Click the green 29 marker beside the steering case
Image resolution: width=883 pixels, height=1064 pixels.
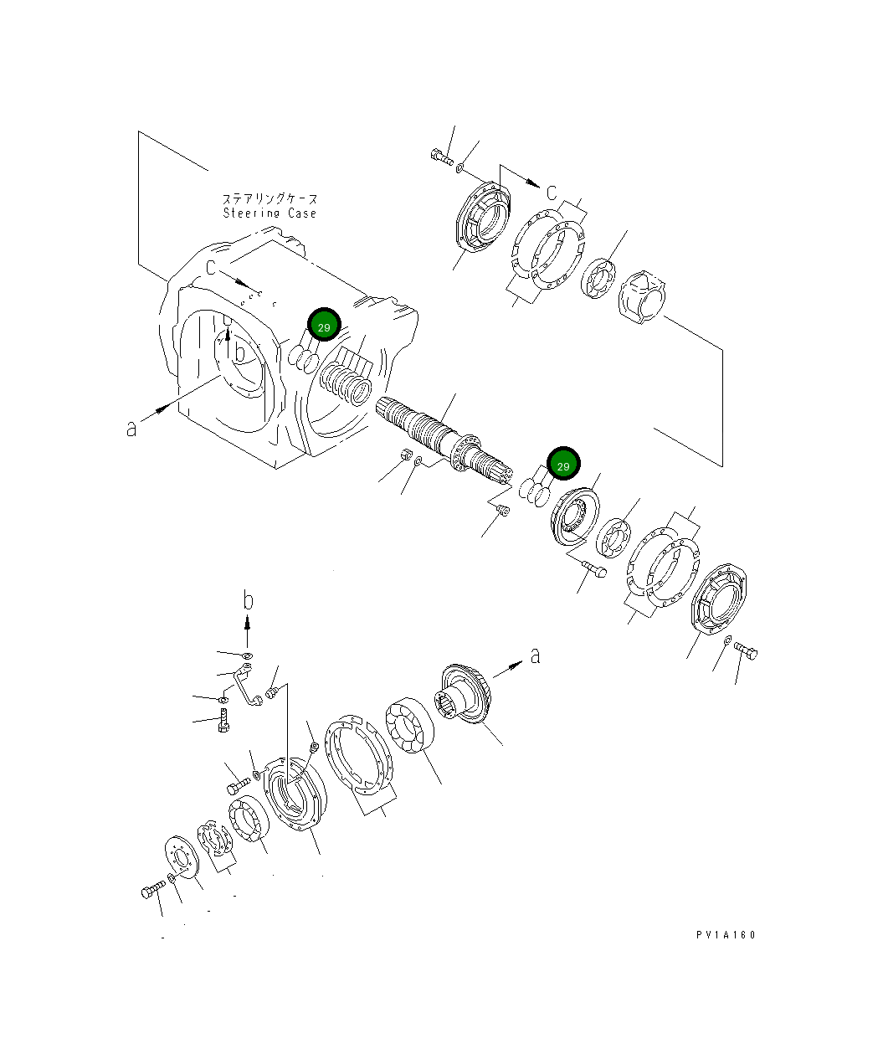coord(324,326)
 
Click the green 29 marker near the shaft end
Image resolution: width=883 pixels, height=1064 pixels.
coord(563,465)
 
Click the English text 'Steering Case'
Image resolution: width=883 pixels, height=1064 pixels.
coord(270,213)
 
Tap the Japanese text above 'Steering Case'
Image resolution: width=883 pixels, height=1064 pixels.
coord(270,199)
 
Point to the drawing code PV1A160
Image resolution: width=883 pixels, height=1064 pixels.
coord(724,935)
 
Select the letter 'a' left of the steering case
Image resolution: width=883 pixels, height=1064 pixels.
coord(131,428)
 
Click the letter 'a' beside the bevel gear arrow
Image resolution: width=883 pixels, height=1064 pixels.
coord(536,655)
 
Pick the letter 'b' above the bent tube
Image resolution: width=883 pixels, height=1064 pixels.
coord(248,600)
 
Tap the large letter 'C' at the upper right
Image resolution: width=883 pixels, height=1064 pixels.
coord(552,193)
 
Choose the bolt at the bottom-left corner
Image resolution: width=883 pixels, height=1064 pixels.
coord(152,892)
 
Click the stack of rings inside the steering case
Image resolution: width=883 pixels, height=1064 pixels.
coord(346,381)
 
